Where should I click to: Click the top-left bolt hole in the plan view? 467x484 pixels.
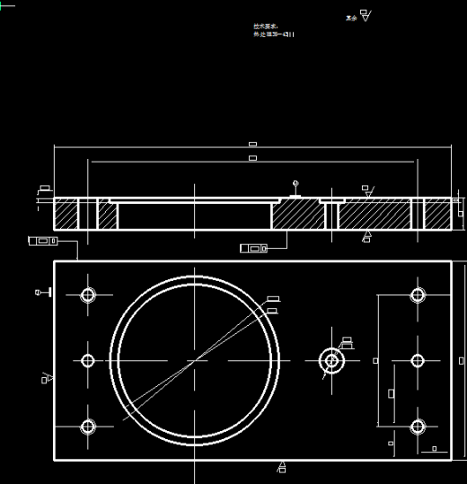88,295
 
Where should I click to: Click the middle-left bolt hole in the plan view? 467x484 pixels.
88,360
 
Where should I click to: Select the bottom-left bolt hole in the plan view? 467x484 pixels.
88,427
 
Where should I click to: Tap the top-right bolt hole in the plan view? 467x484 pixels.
418,295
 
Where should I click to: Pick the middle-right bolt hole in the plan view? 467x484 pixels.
418,360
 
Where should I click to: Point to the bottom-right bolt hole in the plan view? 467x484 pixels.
418,427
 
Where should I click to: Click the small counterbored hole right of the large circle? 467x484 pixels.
331,360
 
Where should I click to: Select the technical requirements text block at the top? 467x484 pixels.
273,31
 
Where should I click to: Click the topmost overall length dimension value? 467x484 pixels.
252,144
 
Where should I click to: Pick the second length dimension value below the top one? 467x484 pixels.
252,158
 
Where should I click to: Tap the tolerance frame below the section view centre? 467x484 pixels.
253,248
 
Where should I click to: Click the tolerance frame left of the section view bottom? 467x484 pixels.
42,241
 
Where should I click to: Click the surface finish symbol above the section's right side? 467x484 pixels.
368,191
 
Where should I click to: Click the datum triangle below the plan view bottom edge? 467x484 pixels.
282,466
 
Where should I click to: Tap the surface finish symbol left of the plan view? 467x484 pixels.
46,378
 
